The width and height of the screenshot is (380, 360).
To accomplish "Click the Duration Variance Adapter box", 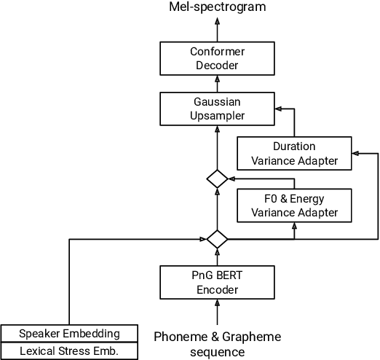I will pyautogui.click(x=294, y=154).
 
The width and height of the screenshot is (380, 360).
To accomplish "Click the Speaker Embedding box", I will pyautogui.click(x=70, y=333).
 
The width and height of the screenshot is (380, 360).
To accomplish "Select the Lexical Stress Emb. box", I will pyautogui.click(x=70, y=351).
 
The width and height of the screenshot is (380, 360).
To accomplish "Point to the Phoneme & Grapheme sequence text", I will pyautogui.click(x=217, y=343).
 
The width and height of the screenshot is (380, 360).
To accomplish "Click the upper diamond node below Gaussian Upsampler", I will pyautogui.click(x=216, y=178).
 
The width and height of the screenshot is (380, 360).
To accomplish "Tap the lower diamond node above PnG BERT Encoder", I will pyautogui.click(x=216, y=238).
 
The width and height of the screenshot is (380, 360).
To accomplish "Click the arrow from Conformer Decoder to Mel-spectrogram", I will pyautogui.click(x=216, y=28).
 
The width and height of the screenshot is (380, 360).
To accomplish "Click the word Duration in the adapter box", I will pyautogui.click(x=294, y=146).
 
